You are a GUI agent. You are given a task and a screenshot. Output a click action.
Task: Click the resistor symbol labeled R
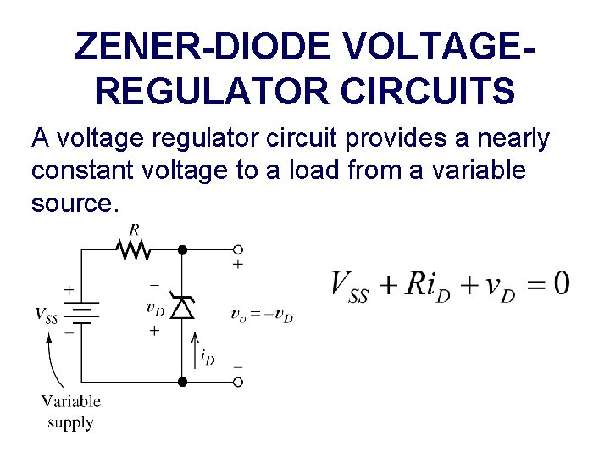(134, 249)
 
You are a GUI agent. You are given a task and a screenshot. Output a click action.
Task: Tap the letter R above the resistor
(134, 229)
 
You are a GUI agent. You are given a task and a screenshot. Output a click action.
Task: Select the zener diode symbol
(182, 307)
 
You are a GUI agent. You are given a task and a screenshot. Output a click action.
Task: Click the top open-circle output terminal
(238, 249)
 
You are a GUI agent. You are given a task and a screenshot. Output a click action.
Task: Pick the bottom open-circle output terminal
(238, 382)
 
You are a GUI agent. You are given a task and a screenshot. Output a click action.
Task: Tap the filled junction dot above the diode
(182, 249)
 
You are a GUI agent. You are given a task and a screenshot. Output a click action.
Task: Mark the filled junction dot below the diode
(182, 382)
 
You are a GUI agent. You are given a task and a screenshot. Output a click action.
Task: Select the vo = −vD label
(262, 315)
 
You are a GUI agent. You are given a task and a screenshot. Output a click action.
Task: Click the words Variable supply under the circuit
(71, 411)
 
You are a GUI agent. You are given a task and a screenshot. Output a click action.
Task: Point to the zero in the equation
(560, 283)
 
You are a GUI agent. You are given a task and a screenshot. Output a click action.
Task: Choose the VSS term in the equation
(350, 287)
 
